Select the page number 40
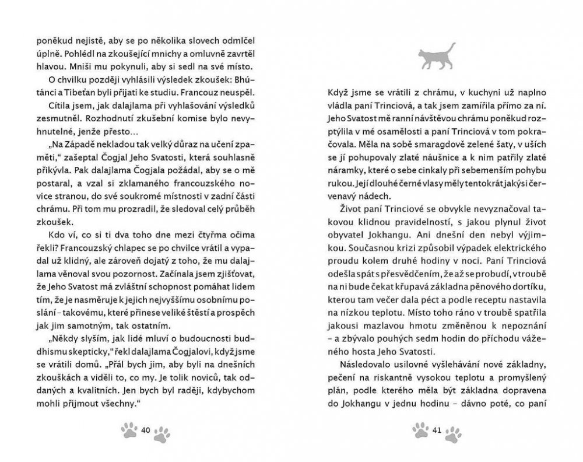[146, 430]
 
